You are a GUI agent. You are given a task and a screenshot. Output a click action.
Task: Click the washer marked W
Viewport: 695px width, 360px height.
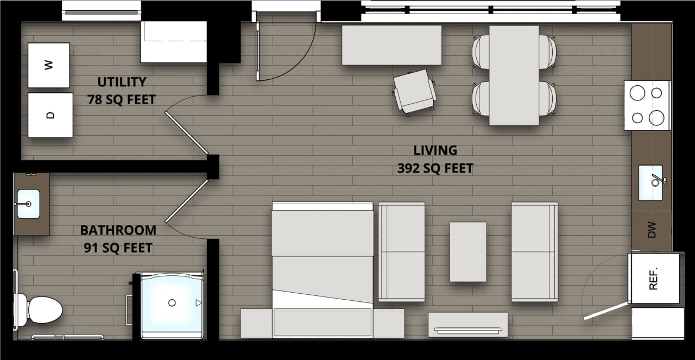click(49, 65)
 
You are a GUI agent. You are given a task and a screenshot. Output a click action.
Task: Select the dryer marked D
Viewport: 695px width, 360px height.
click(50, 115)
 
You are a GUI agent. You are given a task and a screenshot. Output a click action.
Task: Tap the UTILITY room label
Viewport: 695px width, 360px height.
click(122, 82)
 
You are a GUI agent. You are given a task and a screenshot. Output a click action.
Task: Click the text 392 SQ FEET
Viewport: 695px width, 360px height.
click(435, 168)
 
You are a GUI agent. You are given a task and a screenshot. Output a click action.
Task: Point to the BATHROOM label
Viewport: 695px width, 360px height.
click(118, 230)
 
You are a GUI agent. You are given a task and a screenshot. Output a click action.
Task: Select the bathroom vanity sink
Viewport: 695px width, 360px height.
click(28, 204)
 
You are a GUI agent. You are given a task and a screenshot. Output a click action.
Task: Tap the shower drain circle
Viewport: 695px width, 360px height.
click(172, 302)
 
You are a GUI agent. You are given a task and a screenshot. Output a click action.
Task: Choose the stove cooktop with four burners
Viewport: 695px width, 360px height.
click(647, 105)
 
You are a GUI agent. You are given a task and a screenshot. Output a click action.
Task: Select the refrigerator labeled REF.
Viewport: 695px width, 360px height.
click(654, 278)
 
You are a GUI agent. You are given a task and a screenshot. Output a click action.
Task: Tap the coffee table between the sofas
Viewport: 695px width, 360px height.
click(468, 252)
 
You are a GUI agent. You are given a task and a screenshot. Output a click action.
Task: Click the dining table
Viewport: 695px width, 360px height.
click(514, 75)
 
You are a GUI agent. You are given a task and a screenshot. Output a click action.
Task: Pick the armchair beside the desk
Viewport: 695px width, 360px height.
click(414, 91)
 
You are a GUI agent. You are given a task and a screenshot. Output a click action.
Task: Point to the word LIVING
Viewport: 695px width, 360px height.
click(435, 150)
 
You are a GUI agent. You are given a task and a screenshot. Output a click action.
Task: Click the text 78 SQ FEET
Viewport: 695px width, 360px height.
click(122, 100)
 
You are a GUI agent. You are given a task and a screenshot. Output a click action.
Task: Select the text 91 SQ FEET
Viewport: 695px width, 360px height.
click(118, 248)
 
